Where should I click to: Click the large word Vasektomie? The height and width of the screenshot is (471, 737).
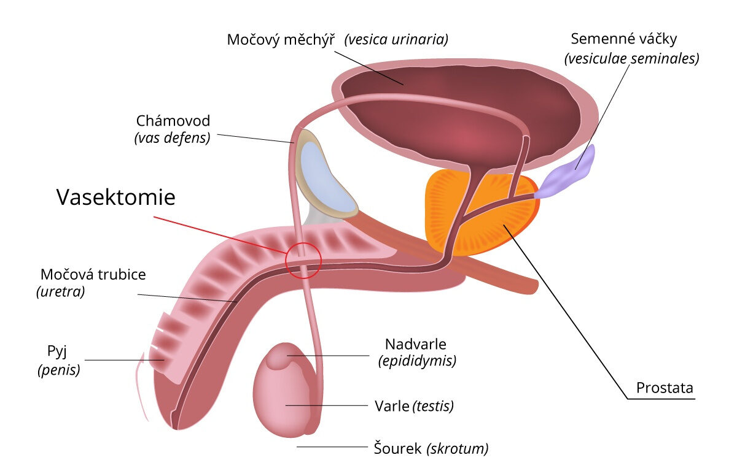pyautogui.click(x=116, y=197)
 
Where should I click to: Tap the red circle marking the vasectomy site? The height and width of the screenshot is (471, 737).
pyautogui.click(x=286, y=261)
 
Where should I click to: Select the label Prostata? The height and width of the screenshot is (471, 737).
pyautogui.click(x=665, y=388)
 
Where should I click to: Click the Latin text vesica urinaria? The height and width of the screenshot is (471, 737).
pyautogui.click(x=396, y=40)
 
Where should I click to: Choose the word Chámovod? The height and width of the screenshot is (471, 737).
pyautogui.click(x=173, y=121)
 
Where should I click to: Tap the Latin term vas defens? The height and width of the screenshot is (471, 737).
pyautogui.click(x=172, y=138)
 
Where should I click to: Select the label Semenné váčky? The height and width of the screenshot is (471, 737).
pyautogui.click(x=624, y=39)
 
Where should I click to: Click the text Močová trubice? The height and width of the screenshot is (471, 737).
pyautogui.click(x=93, y=275)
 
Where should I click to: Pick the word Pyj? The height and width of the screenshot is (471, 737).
pyautogui.click(x=57, y=351)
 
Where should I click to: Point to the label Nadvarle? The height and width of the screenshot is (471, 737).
pyautogui.click(x=416, y=344)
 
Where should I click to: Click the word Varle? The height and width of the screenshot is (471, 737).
pyautogui.click(x=392, y=406)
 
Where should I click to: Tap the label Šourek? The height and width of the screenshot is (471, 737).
pyautogui.click(x=397, y=448)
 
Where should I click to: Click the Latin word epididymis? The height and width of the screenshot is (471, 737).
pyautogui.click(x=417, y=361)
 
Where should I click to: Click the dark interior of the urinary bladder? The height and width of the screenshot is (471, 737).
pyautogui.click(x=461, y=131)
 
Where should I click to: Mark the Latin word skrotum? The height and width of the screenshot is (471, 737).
pyautogui.click(x=458, y=449)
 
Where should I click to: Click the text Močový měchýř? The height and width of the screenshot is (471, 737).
pyautogui.click(x=281, y=40)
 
